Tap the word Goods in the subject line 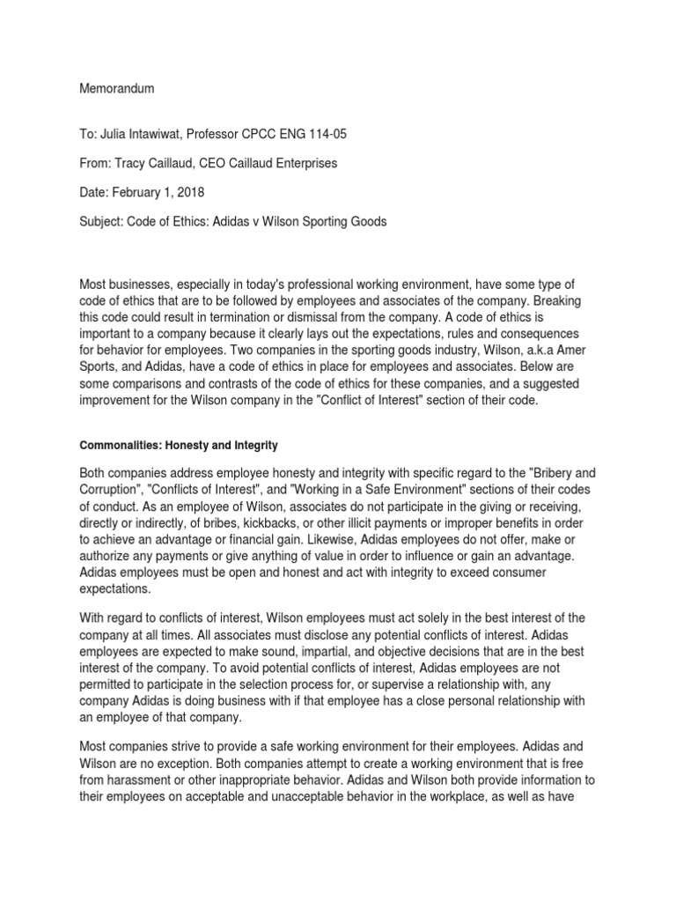(x=367, y=222)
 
